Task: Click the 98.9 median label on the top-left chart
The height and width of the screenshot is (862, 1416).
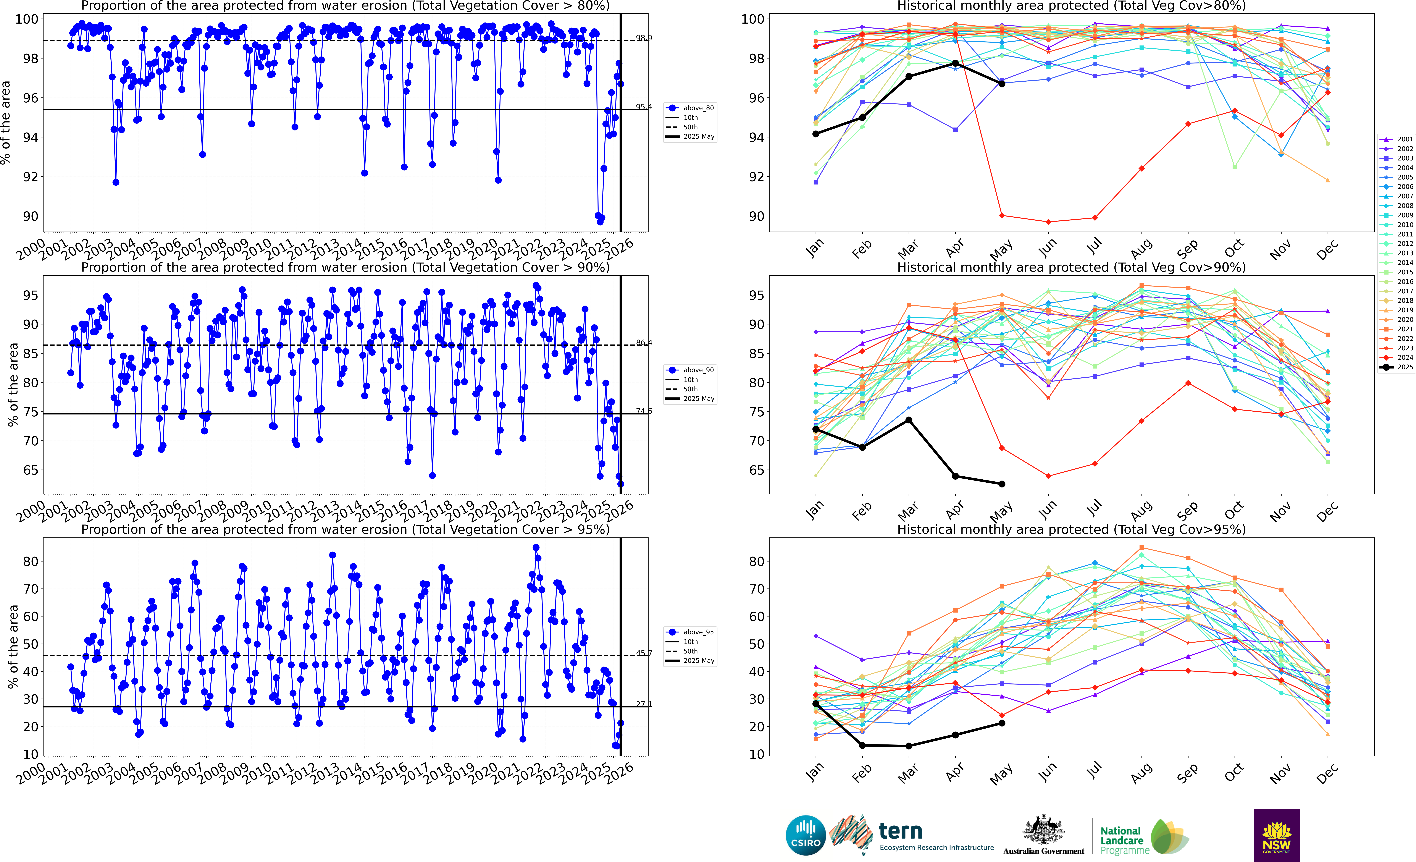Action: click(x=644, y=38)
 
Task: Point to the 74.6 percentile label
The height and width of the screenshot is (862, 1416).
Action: click(x=644, y=411)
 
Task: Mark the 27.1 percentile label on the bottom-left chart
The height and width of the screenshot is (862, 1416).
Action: click(x=644, y=704)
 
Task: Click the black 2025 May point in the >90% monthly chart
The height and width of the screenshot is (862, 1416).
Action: click(x=1002, y=484)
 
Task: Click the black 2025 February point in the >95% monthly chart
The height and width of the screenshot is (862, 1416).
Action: click(x=862, y=745)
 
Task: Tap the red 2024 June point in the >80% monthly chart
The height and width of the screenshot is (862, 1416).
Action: click(x=1048, y=222)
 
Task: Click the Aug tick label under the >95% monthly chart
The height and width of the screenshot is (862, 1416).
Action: click(x=1141, y=774)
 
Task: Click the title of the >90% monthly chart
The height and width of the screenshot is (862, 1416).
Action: click(x=1071, y=267)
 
